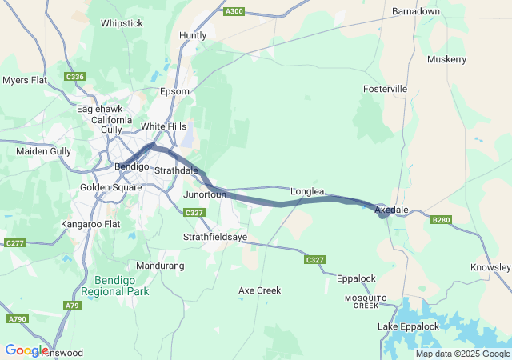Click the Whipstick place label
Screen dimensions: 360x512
[x=122, y=23]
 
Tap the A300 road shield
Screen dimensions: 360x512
[x=234, y=11]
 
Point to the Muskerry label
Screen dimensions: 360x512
[x=446, y=59]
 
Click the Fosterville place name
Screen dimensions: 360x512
[x=386, y=88]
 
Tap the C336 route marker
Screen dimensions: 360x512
[x=75, y=77]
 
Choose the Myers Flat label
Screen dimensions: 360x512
[x=26, y=80]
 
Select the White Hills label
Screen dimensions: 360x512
[x=163, y=126]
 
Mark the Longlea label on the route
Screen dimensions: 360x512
[x=307, y=191]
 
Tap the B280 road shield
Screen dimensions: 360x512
[x=442, y=220]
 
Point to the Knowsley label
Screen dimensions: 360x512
[x=491, y=266]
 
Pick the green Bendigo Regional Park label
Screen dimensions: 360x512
[x=122, y=286]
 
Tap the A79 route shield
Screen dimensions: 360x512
[x=73, y=305]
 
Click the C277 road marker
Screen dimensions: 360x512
[x=15, y=242]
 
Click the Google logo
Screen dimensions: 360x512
[x=26, y=350]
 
